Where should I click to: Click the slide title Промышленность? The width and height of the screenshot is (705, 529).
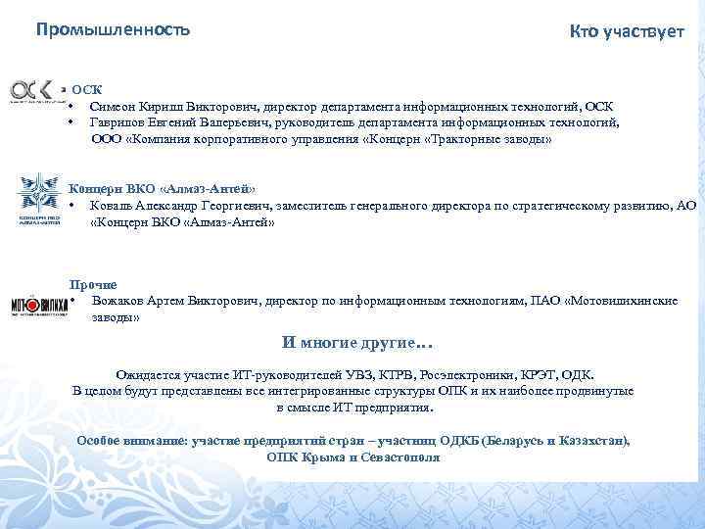113,29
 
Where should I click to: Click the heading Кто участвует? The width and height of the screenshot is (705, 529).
627,33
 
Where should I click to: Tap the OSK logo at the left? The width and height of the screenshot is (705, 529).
35,89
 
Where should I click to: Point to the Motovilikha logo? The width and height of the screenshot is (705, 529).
39,303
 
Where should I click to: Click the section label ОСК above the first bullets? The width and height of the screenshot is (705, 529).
86,89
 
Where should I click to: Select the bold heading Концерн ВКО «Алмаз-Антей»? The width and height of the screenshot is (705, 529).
163,188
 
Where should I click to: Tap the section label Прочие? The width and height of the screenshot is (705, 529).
99,284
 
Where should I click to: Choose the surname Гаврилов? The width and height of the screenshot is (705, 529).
117,122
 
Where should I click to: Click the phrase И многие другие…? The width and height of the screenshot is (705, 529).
356,343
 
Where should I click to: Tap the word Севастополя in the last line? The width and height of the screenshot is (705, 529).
399,457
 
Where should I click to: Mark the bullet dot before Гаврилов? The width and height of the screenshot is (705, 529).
72,122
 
